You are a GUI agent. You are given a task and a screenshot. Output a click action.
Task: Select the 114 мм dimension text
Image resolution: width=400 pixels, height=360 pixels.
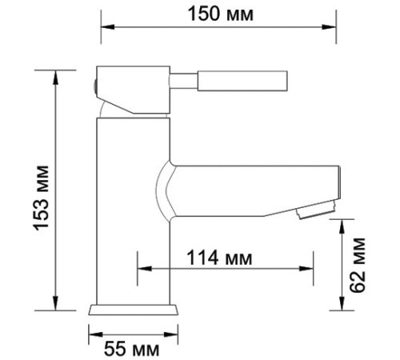click(x=218, y=258)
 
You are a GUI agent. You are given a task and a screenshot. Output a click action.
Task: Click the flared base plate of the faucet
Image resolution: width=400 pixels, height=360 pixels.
click(x=132, y=311)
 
